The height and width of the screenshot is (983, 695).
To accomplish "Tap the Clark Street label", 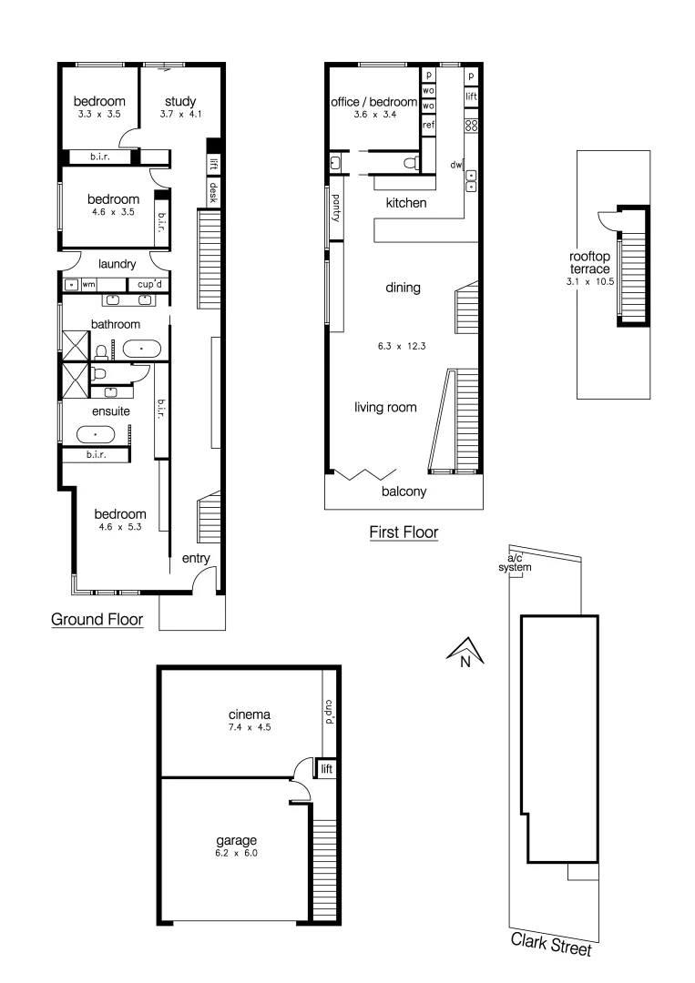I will [550, 944].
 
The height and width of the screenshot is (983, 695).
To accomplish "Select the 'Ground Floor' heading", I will [97, 621].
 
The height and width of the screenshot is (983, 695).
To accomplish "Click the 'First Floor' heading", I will [404, 532].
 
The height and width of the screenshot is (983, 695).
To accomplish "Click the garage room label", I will [236, 840].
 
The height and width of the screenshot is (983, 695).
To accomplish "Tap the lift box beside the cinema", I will [326, 769].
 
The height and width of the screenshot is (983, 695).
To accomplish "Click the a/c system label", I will [515, 563].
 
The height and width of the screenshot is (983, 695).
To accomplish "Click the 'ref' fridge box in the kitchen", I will [428, 124].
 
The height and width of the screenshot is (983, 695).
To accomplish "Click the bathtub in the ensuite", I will [96, 435].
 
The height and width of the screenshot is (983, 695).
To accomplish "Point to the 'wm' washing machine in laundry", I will [88, 285].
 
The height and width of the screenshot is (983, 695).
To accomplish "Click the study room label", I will [180, 101].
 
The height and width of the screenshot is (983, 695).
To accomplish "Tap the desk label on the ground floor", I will [213, 191].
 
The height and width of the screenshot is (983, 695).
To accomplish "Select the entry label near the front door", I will [197, 558].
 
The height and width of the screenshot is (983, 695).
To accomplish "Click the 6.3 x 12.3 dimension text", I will [403, 347].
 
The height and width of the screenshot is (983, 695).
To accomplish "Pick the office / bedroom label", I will [373, 103].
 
